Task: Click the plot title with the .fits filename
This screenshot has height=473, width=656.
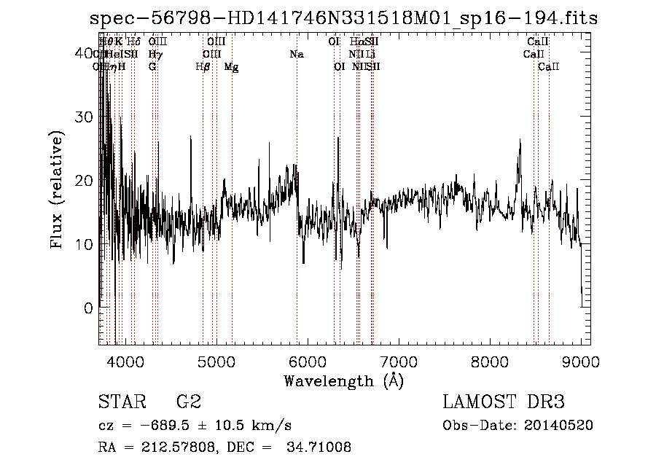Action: tap(343, 19)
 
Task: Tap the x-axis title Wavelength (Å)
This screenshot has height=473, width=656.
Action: tap(343, 380)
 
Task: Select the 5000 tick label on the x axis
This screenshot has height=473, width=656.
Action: tap(216, 361)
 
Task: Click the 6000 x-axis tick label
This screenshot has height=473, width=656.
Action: tap(307, 361)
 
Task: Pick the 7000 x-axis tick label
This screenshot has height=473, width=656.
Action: tap(398, 361)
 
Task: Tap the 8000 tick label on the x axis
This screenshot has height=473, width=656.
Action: tap(490, 361)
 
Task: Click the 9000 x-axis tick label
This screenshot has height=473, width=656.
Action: tap(581, 361)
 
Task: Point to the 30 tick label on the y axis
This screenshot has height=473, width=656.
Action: tap(85, 117)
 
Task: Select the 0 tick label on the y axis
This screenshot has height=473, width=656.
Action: tap(89, 308)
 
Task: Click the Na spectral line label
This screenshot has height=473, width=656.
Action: tap(296, 55)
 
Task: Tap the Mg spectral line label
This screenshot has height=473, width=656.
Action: tap(231, 67)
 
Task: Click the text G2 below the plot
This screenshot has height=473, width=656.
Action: tap(188, 402)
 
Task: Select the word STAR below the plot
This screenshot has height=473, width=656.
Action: tap(120, 402)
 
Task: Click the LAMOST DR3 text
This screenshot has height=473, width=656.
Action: tap(503, 402)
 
